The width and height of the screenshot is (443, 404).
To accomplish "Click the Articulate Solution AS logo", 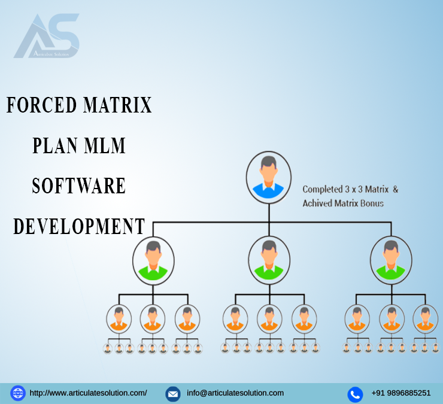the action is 47,36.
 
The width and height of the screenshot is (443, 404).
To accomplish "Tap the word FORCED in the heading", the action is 41,105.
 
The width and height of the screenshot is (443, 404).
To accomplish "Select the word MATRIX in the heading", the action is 117,105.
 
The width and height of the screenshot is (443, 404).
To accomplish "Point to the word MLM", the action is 105,145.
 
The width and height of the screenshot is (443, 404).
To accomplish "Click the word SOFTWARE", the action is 79,186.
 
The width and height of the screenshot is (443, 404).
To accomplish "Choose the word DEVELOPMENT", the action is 79,226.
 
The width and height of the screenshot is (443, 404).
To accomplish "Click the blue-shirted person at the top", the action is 269,177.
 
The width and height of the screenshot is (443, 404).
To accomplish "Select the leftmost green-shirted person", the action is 153,260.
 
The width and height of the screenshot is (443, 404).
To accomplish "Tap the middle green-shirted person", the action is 269,260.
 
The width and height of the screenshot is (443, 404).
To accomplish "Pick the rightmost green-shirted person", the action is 391,260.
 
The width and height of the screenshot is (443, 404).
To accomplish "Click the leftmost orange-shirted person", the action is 119,318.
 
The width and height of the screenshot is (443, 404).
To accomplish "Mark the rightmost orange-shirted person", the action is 426,318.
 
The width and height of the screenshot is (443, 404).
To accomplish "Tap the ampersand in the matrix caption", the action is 396,189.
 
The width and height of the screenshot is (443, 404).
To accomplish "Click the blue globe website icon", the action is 18,393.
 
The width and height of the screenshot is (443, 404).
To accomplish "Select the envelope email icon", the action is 173,394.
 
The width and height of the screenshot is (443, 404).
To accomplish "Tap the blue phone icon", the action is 355,394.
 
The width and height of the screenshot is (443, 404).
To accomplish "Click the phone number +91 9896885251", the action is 401,393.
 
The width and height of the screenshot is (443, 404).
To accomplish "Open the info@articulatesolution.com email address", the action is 235,393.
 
